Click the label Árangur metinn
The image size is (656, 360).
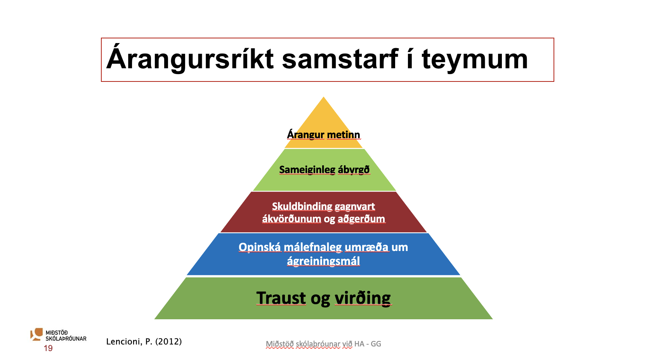tap(323, 135)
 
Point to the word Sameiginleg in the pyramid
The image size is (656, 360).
tap(307, 170)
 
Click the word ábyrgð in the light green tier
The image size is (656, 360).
tap(354, 170)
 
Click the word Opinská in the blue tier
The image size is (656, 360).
tap(260, 247)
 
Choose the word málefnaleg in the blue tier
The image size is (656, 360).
tap(313, 247)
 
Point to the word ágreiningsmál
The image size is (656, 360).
tap(323, 261)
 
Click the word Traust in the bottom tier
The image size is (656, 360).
tap(281, 298)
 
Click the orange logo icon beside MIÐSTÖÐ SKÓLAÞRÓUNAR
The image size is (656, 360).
tap(36, 334)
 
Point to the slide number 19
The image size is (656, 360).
tap(48, 348)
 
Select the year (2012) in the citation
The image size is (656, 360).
tap(169, 341)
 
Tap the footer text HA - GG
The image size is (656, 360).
tap(368, 344)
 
